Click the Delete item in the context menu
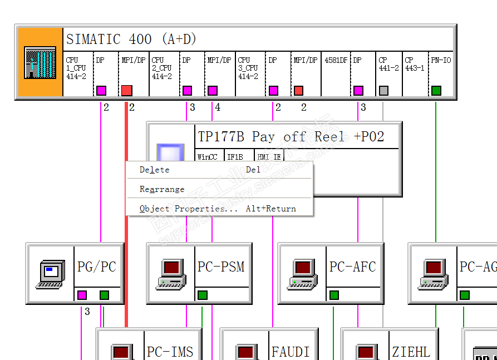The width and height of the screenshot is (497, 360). pos(155,170)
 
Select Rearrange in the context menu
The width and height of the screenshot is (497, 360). pos(162,189)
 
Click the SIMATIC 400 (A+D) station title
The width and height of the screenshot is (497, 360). pos(131,40)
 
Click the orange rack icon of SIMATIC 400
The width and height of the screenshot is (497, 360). pos(40,63)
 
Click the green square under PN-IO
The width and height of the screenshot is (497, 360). pos(436,90)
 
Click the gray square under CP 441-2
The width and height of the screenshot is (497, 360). pos(383,90)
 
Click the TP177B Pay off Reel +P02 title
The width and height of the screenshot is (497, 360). pos(291,137)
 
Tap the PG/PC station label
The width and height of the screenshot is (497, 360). pos(97,267)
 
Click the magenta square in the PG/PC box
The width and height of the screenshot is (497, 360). pos(82,295)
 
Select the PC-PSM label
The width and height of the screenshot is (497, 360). pos(221,267)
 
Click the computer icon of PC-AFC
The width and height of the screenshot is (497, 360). pos(302,273)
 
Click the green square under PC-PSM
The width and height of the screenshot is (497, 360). pos(203,295)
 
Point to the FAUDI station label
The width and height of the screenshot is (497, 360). pos(290,352)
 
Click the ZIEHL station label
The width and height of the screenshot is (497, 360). pos(411,352)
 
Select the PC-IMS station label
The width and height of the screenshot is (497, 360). pos(170,352)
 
